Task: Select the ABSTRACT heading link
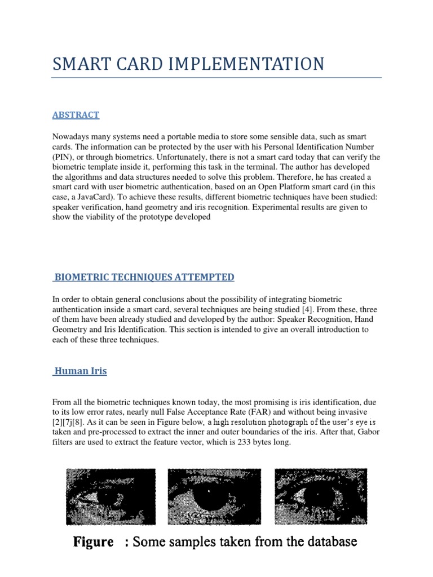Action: click(76, 115)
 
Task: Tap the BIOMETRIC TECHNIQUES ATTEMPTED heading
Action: click(144, 277)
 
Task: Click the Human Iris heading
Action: click(81, 371)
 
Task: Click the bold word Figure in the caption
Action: click(92, 542)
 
